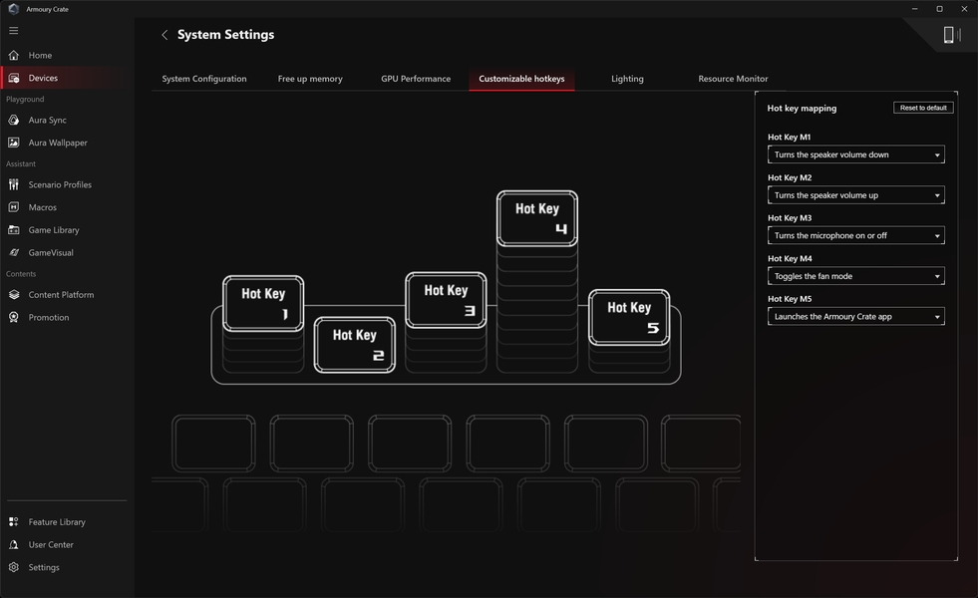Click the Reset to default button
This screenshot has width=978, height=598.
tap(923, 108)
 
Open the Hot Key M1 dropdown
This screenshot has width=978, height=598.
tap(855, 154)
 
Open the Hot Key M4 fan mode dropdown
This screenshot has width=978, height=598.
tap(855, 276)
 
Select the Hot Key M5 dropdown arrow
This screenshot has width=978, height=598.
tap(937, 317)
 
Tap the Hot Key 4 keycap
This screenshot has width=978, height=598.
tap(537, 218)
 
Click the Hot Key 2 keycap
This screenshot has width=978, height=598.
tap(354, 345)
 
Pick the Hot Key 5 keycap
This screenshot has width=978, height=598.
tap(629, 317)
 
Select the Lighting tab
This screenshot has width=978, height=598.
tap(627, 79)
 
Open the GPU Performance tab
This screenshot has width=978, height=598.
tap(416, 79)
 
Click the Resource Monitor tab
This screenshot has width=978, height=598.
tap(733, 79)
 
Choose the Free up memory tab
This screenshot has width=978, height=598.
tap(310, 79)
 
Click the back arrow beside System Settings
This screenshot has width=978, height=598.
tap(164, 35)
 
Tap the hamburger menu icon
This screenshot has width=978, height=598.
tap(14, 31)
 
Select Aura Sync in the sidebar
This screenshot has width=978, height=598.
tap(48, 120)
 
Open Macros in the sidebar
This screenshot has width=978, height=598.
tap(43, 207)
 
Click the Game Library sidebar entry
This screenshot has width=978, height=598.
tap(54, 230)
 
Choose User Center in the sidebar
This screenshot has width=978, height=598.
tap(51, 544)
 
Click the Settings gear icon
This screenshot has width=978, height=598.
tap(14, 567)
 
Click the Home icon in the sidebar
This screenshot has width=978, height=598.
tap(14, 55)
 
